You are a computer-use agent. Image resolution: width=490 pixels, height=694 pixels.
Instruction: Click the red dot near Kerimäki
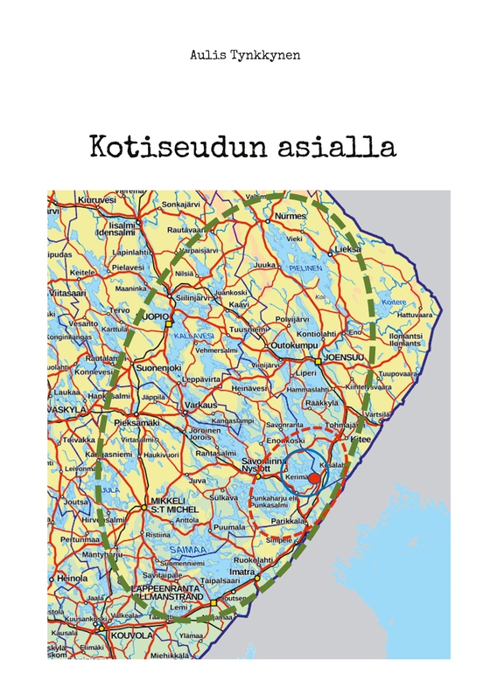(x=314, y=479)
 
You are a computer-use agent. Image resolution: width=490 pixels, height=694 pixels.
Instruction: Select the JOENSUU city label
(x=341, y=358)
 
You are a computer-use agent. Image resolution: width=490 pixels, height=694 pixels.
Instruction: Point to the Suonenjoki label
(x=157, y=367)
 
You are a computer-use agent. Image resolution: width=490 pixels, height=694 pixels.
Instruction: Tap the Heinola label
(x=73, y=579)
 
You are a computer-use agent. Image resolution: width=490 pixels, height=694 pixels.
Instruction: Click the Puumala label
(x=229, y=527)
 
